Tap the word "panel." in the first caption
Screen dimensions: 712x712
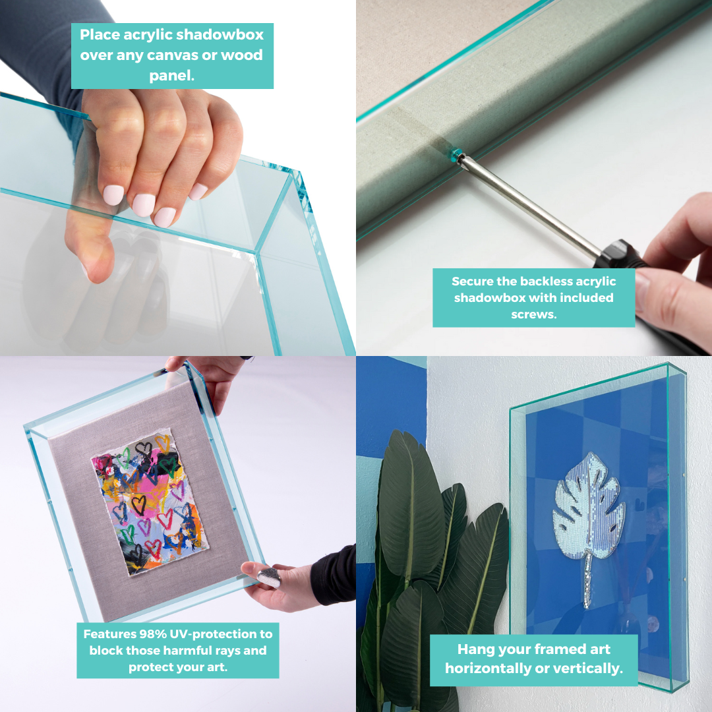point(172,75)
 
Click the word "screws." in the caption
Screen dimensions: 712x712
point(533,314)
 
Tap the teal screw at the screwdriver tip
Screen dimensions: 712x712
point(456,153)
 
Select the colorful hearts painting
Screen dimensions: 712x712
point(150,502)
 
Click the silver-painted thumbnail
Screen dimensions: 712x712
point(269,577)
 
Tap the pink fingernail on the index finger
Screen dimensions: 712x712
point(113,194)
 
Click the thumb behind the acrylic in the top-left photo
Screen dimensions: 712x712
point(88,245)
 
